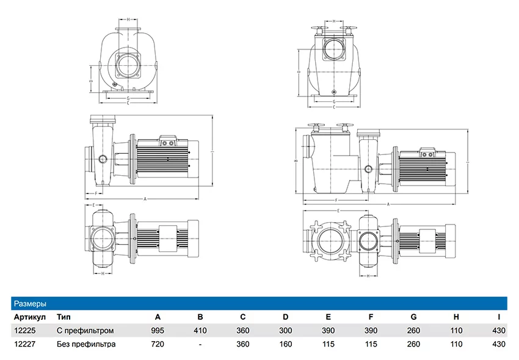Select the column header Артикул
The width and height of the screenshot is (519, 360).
coord(29,317)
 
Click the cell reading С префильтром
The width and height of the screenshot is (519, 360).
coord(85,331)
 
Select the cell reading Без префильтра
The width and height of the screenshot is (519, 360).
coord(86,344)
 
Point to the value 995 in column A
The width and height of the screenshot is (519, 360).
coord(158,331)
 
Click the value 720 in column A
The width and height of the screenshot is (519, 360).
coord(158,344)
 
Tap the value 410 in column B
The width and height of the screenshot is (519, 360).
coord(200,331)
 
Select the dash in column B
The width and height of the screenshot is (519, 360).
coord(200,344)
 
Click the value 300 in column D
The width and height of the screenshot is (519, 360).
coord(286,331)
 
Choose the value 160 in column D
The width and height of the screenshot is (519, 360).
coord(286,344)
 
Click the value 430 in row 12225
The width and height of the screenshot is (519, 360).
coord(499,331)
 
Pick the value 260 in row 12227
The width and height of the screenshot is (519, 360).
coord(413,344)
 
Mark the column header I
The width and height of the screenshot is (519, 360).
coord(499,317)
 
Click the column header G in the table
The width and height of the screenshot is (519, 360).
coord(413,317)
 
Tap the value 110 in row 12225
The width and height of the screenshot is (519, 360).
coord(456,331)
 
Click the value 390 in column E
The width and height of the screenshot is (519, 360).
coord(328,331)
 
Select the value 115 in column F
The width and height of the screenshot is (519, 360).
coord(371,344)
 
